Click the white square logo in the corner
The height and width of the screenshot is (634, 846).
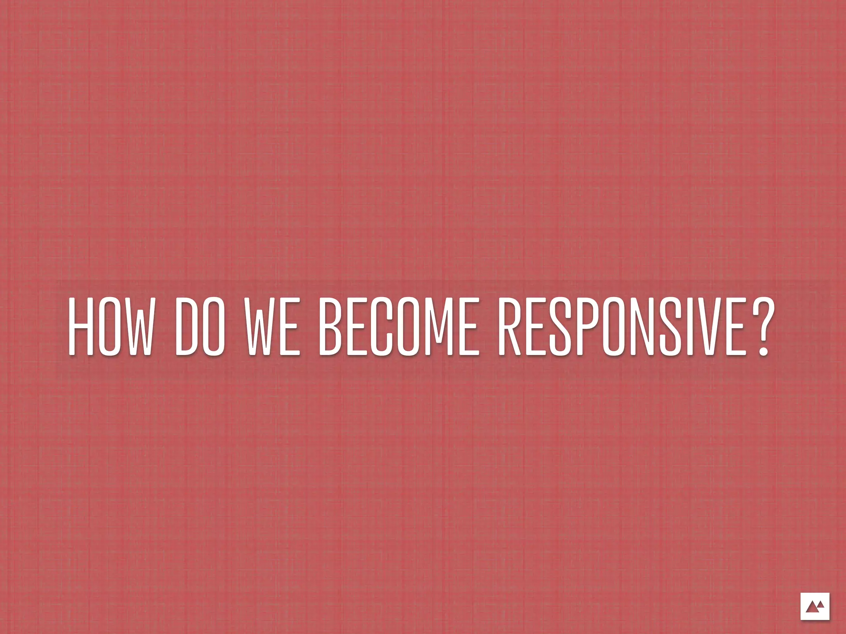(815, 606)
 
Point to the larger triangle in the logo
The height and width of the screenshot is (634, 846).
(812, 608)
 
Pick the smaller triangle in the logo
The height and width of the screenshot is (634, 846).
(820, 605)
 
